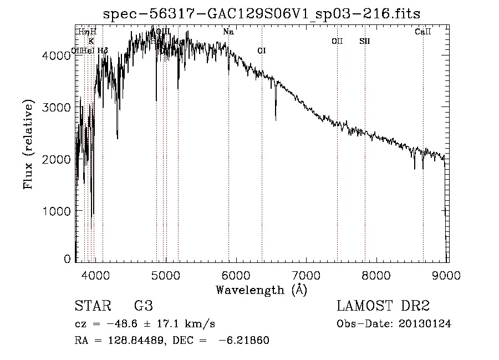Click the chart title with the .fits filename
pyautogui.click(x=262, y=14)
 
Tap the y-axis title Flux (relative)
pyautogui.click(x=28, y=145)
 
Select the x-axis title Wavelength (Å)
pyautogui.click(x=261, y=290)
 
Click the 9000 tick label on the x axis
pyautogui.click(x=447, y=275)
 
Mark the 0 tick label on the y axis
pyautogui.click(x=67, y=259)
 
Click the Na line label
pyautogui.click(x=228, y=32)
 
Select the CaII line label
pyautogui.click(x=422, y=32)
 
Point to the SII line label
pyautogui.click(x=364, y=41)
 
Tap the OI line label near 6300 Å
pyautogui.click(x=262, y=51)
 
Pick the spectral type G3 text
pyautogui.click(x=143, y=306)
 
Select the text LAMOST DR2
pyautogui.click(x=383, y=306)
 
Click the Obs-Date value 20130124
pyautogui.click(x=424, y=324)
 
